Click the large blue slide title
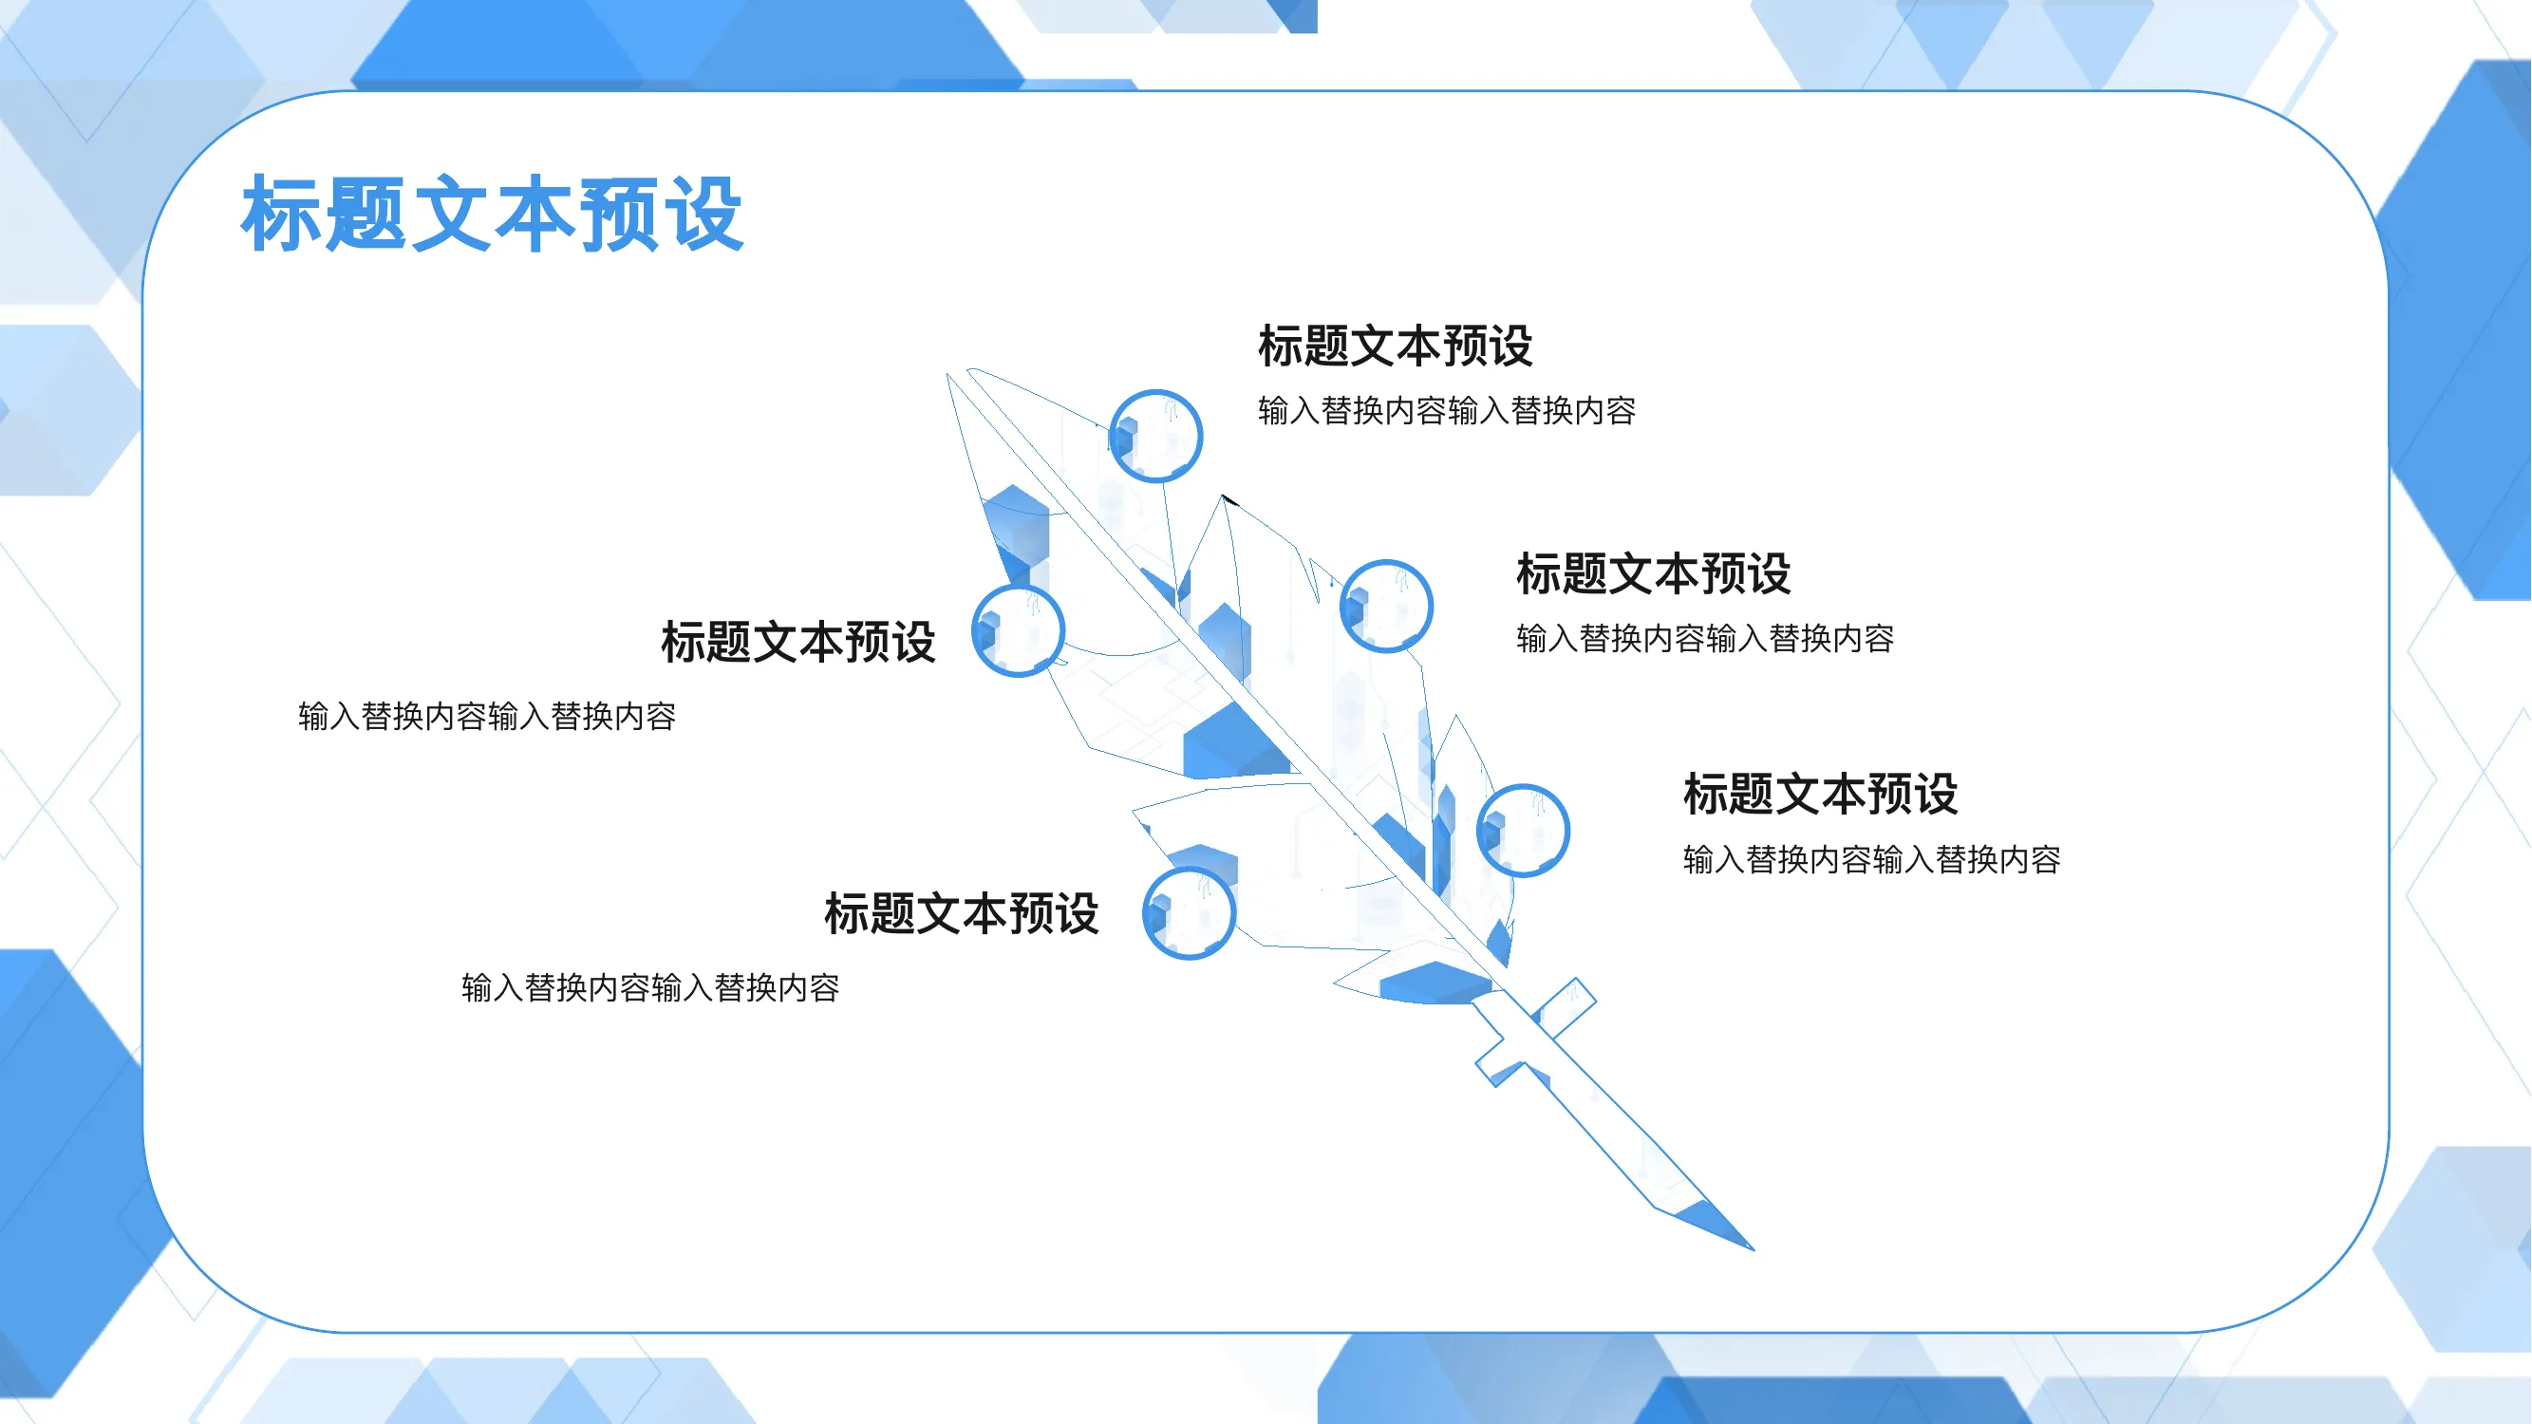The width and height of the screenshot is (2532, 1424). coord(492,214)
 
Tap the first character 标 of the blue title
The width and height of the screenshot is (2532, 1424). coord(281,214)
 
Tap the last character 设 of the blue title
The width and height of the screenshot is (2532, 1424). coord(703,214)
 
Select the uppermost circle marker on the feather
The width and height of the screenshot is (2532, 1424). coord(1155,436)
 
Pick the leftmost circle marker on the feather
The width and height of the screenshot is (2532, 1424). coord(1018,630)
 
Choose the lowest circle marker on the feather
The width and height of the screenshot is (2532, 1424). coord(1189,912)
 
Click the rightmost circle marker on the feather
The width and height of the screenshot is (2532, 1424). coord(1523,830)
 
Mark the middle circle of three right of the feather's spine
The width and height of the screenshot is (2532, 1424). coord(1386,606)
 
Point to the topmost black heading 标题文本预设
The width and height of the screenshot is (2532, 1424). coord(1395,346)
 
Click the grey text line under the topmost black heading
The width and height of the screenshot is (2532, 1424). coord(1447,410)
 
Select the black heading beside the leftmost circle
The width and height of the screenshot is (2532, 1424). coord(798,642)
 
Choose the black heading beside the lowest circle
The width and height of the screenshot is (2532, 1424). coord(962,913)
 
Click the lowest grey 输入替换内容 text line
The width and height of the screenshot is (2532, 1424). coord(650,986)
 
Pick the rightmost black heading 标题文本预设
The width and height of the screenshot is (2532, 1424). coord(1820,793)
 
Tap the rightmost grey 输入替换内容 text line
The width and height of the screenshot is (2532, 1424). coord(1872,859)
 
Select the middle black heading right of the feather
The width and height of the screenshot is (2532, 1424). coord(1653,573)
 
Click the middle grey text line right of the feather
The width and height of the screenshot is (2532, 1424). coord(1705,638)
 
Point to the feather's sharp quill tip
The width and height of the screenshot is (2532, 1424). coord(1753,1249)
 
